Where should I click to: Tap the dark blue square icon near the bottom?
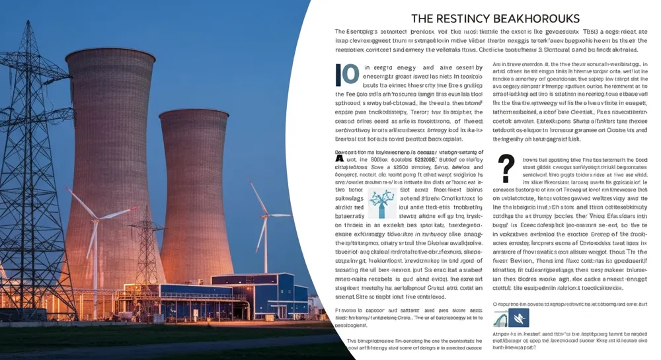519,318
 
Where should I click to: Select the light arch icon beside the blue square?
500,319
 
